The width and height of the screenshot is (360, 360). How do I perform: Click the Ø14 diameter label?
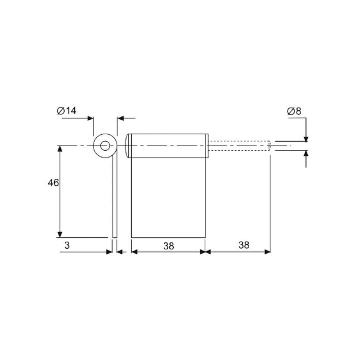click(66, 111)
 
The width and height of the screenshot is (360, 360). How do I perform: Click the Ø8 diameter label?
click(294, 111)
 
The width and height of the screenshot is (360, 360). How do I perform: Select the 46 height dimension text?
click(53, 183)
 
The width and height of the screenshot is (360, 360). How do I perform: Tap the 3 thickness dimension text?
click(67, 245)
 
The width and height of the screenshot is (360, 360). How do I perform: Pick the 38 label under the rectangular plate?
click(169, 246)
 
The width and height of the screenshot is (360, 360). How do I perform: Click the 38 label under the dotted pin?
click(244, 245)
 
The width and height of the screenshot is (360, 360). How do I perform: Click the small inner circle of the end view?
click(105, 146)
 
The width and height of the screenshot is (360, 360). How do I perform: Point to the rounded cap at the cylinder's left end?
click(128, 146)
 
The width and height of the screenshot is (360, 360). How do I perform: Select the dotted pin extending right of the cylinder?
click(239, 145)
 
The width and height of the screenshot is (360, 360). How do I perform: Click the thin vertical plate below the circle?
click(115, 198)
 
